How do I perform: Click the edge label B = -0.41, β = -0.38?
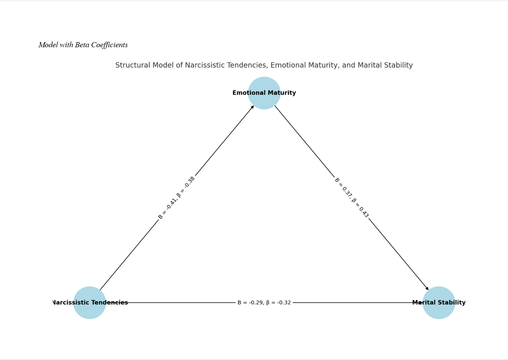coord(177,198)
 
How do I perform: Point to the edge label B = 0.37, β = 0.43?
coord(352,198)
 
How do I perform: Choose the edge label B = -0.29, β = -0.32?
coord(264,303)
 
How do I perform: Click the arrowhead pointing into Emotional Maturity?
coord(252,107)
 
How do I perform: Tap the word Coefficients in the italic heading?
coord(109,45)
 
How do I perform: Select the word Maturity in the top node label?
coord(283,93)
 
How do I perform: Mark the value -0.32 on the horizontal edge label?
coord(284,303)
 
